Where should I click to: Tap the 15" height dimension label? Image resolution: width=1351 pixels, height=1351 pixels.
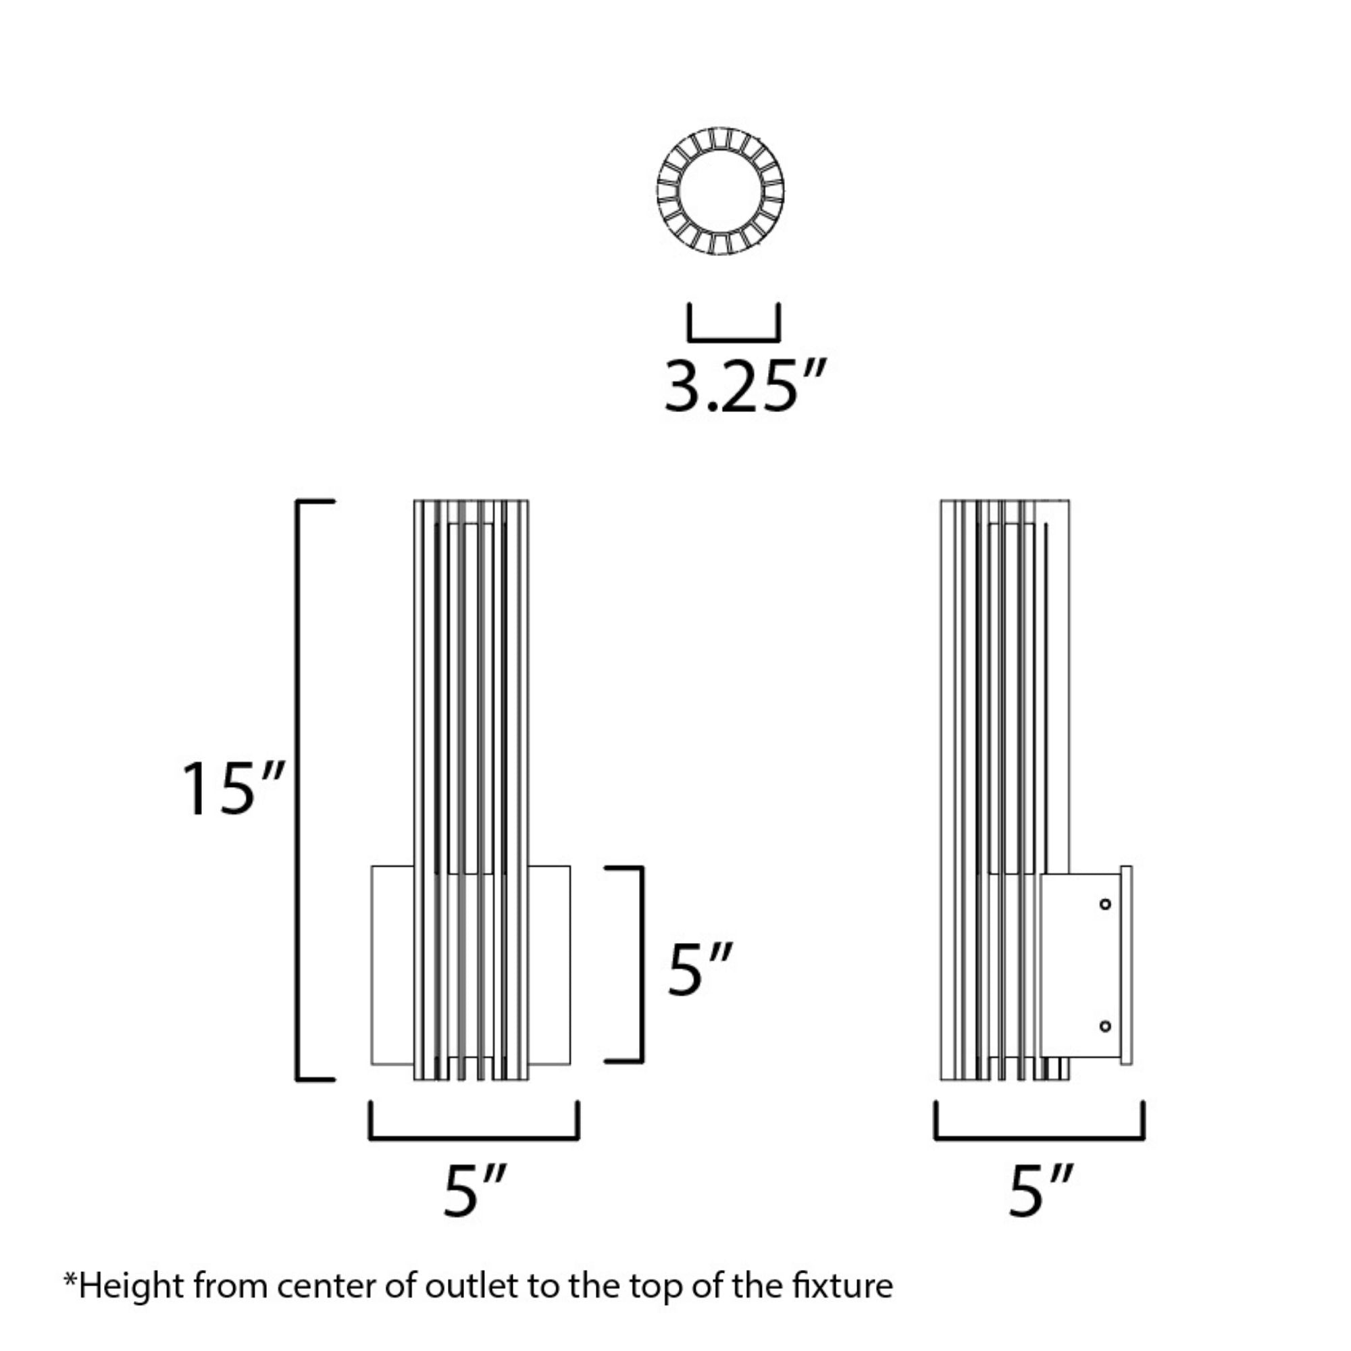(233, 790)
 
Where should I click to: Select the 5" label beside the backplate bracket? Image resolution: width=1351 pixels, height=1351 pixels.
(700, 969)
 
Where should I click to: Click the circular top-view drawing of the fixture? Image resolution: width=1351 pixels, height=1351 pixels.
(720, 191)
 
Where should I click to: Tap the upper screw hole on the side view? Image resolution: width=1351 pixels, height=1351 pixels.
(1105, 904)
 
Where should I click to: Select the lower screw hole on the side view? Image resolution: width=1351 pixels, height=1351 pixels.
(1105, 1027)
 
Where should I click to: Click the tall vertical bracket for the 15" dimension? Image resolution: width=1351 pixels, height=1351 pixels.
(315, 790)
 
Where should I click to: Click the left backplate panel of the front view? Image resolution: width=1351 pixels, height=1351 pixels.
(392, 966)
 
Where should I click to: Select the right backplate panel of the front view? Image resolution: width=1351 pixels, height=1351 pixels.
(549, 966)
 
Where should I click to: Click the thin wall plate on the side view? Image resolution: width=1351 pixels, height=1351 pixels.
(1127, 966)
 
